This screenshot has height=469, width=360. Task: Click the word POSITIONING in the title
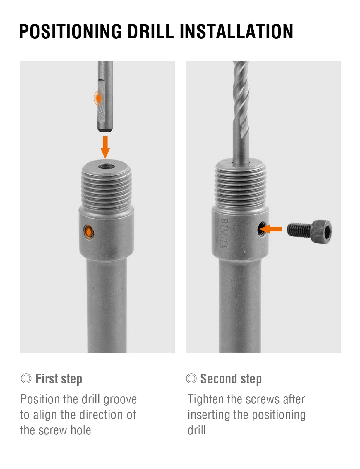[x=71, y=32]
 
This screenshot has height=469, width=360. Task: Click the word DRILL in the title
[x=151, y=32]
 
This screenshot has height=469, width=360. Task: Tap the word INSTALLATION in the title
[x=236, y=32]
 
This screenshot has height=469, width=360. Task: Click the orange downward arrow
[x=105, y=147]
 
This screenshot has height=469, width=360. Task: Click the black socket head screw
[x=310, y=232]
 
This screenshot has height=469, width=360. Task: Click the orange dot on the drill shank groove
[x=98, y=98]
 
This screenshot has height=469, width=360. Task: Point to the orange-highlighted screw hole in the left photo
[x=89, y=232]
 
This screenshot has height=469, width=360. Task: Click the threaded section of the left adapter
[x=107, y=188]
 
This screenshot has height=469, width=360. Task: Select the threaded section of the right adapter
[x=240, y=188]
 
